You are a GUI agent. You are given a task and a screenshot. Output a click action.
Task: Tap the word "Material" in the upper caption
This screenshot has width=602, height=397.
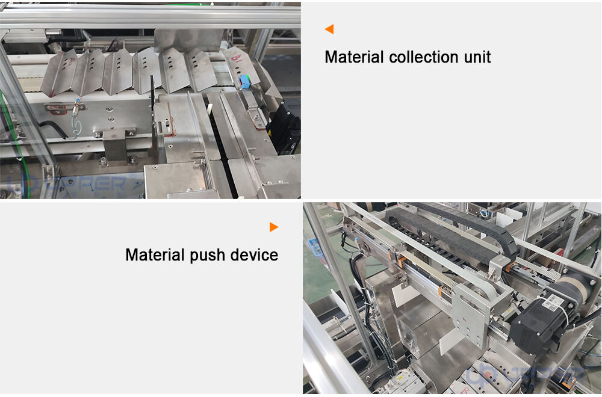354,57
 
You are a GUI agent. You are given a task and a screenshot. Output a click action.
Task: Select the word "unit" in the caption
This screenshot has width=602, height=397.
477,57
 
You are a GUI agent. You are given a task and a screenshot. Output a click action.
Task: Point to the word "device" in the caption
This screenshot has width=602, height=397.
254,255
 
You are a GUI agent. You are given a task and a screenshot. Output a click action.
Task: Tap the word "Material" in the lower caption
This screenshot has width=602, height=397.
155,255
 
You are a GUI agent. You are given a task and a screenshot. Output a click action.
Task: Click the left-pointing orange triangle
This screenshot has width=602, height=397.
329,29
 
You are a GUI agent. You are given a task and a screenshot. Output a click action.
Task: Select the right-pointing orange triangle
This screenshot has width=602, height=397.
274,227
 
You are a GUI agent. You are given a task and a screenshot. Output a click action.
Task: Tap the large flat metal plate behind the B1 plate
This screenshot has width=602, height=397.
188,41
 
